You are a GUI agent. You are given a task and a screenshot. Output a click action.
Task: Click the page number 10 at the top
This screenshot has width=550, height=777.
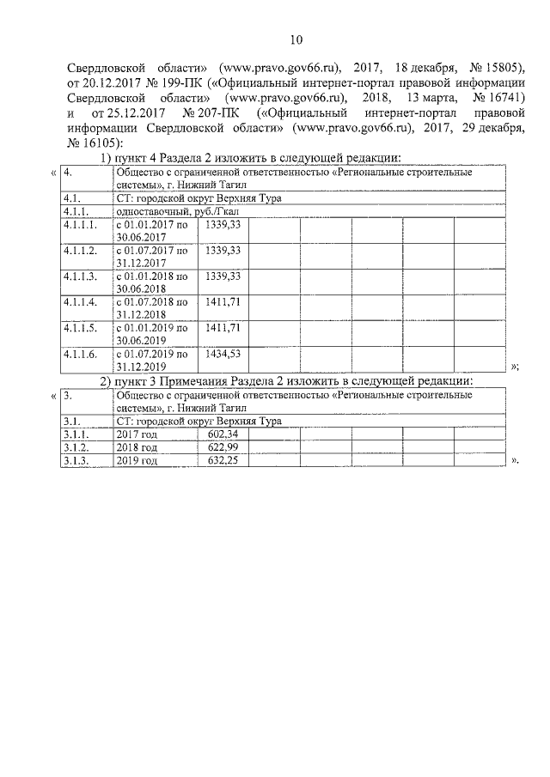[x=296, y=39]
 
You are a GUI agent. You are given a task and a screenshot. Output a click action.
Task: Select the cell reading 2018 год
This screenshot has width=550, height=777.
[x=137, y=447]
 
